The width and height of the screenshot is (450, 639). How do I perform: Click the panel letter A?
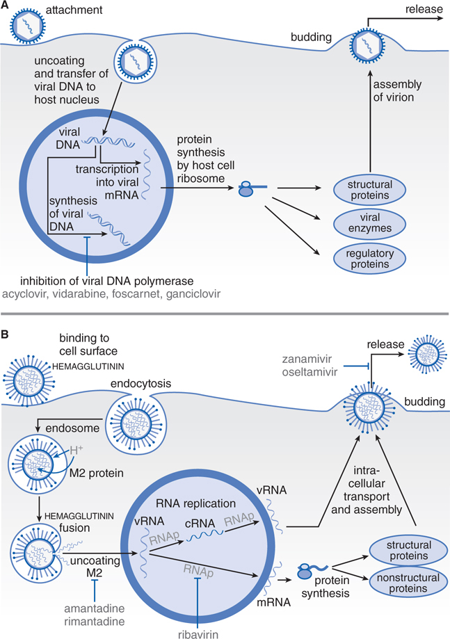pos(6,6)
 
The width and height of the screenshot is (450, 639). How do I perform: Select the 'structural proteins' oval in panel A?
pos(361,190)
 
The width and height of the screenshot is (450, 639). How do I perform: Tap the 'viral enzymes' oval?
pos(361,224)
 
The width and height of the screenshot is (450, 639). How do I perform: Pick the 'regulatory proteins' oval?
pos(361,257)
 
